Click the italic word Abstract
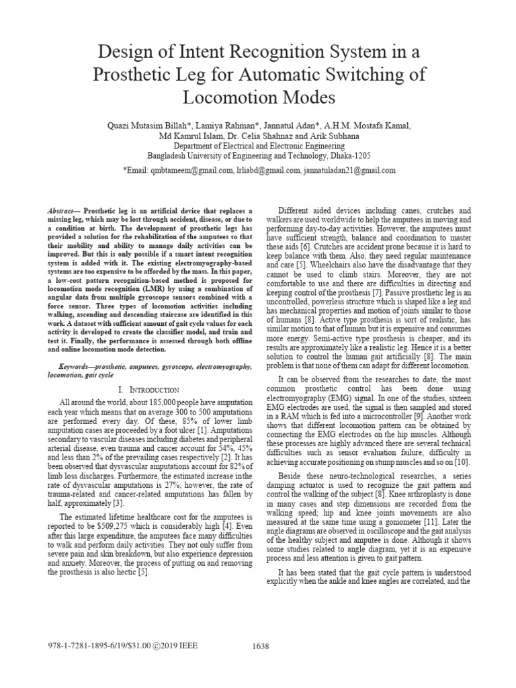pyautogui.click(x=61, y=210)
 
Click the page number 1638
pyautogui.click(x=260, y=646)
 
